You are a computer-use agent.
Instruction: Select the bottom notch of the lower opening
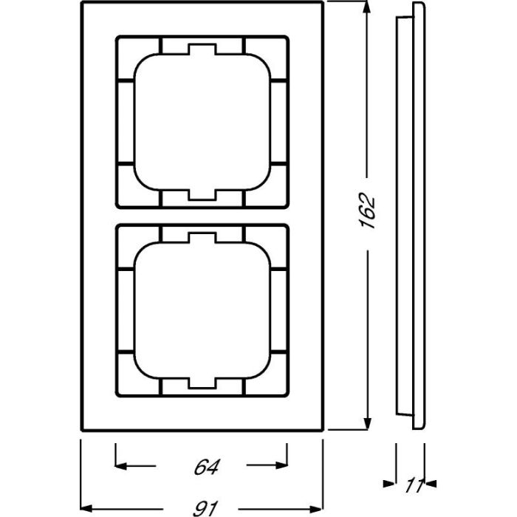[x=202, y=383]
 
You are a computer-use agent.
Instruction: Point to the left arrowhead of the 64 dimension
[x=123, y=466]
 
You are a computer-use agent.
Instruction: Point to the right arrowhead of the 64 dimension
[x=281, y=466]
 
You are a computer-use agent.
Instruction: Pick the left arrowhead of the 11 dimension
[x=390, y=485]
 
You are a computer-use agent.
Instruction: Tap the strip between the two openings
[x=202, y=216]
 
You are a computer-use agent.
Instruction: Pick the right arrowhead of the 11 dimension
[x=430, y=485]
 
